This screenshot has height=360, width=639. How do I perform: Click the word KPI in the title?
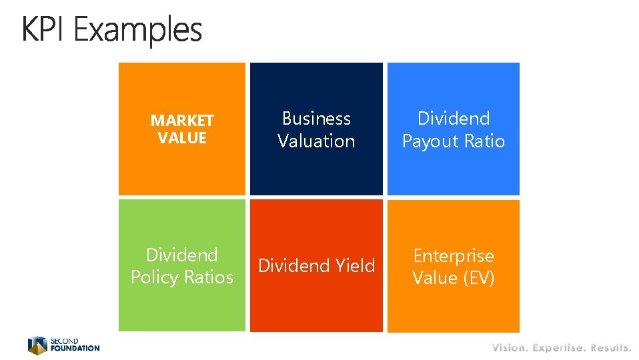point(45,29)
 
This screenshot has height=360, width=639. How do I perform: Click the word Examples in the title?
point(138,31)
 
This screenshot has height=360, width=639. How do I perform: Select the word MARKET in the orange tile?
point(182,121)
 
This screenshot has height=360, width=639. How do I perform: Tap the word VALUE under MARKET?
point(182,138)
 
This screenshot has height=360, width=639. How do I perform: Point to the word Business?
point(316,119)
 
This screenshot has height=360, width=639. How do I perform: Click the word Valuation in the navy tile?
point(316,141)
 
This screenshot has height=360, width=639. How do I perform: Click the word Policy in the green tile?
point(155,277)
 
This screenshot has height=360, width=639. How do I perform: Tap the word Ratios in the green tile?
point(210,277)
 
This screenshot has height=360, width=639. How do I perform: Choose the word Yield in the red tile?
point(356,266)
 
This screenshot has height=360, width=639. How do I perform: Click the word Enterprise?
point(454,255)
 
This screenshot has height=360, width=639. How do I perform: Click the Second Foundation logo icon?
point(37,345)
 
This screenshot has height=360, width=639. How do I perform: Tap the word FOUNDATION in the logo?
point(75,348)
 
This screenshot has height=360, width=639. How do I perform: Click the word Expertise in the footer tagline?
point(559,347)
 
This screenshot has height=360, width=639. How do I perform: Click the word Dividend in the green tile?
point(182,255)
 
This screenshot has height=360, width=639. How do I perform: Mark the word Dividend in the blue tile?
point(454,119)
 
